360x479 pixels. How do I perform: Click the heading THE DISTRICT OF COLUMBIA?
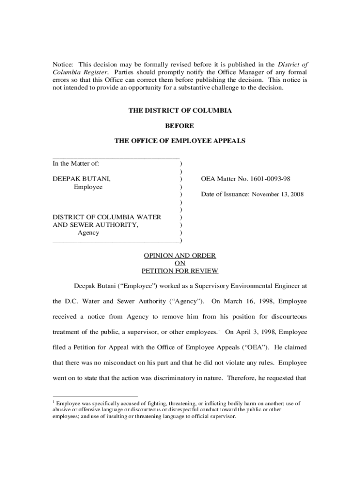coord(180,111)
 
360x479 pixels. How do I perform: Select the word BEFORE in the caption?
coord(180,126)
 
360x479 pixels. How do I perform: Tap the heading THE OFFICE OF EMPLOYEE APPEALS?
coord(180,141)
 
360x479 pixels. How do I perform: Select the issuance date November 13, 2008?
coord(279,194)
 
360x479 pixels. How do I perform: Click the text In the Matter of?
coord(76,163)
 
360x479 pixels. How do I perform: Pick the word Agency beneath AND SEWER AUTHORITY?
coord(88,232)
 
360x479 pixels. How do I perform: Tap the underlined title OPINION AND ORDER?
coord(180,255)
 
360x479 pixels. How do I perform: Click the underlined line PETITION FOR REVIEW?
coord(180,271)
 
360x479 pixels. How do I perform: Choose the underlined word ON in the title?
coord(180,263)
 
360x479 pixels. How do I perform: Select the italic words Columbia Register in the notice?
coord(80,73)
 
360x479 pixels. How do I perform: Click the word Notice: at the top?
coord(63,64)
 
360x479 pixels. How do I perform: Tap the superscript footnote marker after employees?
coord(219,329)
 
